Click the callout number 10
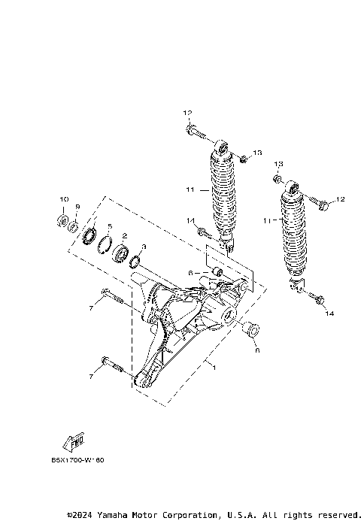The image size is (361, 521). tap(63, 198)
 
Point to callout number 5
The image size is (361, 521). tap(109, 226)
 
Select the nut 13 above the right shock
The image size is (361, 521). tap(278, 179)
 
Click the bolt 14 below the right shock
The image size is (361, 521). tap(318, 300)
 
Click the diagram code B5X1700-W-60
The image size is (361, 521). tap(77, 460)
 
